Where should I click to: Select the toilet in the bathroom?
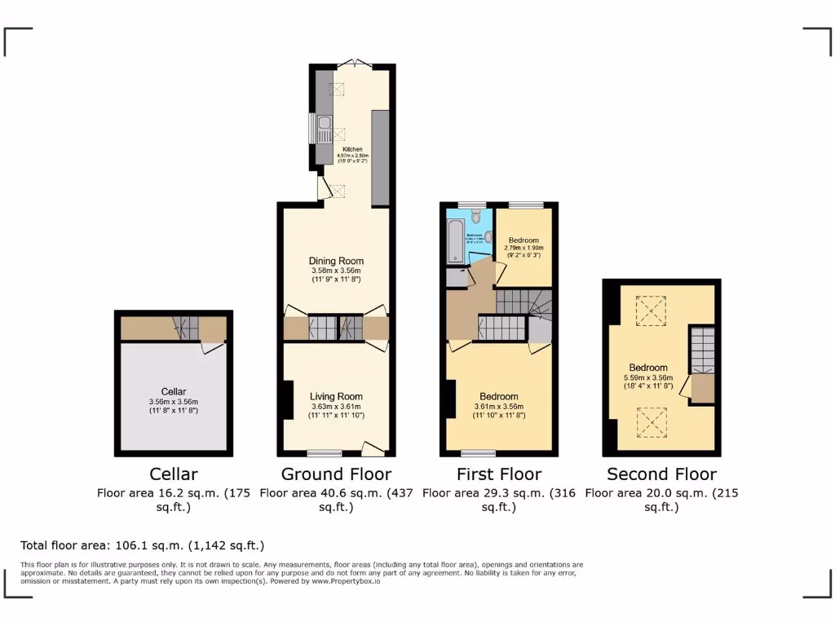pos(476,218)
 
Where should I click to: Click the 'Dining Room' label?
pos(336,261)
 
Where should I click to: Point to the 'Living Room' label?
pos(336,397)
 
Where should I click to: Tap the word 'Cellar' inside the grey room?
pos(174,392)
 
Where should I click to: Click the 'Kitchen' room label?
pos(352,149)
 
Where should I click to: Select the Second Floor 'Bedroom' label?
pos(648,368)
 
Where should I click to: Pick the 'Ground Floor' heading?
pos(336,474)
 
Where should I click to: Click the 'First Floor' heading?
pos(499,474)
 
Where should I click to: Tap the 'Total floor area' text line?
pos(142,545)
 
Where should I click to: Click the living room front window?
pos(324,452)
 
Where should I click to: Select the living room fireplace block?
pos(287,400)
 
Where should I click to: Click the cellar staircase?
pos(187,328)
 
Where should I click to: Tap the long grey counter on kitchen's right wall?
pos(380,157)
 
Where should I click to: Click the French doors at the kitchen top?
pos(352,63)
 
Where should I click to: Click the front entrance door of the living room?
pos(373,448)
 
